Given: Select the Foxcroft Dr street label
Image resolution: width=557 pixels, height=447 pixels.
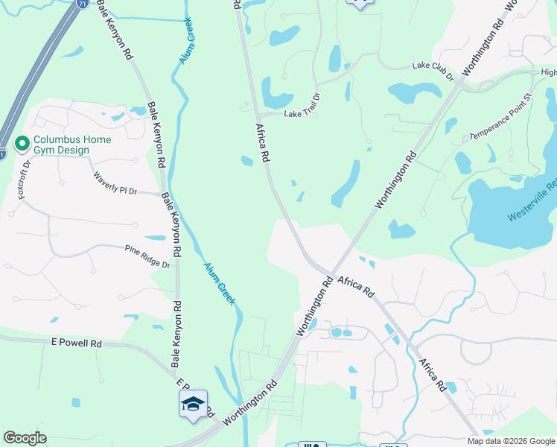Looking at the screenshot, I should pos(24,178).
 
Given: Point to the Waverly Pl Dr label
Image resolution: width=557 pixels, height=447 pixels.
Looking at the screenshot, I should pos(115,183).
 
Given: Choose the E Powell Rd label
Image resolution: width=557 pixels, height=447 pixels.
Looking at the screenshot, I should pos(76,343).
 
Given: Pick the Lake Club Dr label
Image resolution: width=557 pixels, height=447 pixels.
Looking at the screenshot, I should pos(433,71).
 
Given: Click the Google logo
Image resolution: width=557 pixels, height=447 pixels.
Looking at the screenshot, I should pos(25,437).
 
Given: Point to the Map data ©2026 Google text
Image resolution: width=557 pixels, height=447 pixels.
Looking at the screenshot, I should pos(512,441).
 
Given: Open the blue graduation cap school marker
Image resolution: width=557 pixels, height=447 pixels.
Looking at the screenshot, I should pos(193,404).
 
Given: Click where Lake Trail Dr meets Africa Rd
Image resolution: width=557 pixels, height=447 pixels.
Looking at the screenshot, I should pos(258,113).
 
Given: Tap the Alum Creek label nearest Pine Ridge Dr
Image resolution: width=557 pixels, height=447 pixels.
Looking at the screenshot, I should pos(220,283).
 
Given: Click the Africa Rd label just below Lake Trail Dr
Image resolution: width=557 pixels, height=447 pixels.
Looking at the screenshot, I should pos(263,143).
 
